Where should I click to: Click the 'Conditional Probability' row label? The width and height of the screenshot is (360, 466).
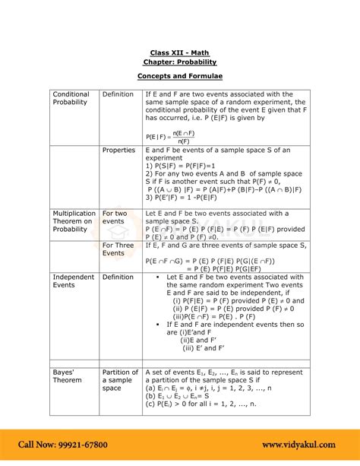click(71, 98)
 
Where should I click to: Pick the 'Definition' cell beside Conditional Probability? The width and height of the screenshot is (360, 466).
click(118, 94)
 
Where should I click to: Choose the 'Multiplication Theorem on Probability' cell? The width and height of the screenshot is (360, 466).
click(74, 221)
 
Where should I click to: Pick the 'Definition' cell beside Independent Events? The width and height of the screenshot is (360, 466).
click(118, 277)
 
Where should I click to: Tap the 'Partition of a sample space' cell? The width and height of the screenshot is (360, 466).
click(120, 380)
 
